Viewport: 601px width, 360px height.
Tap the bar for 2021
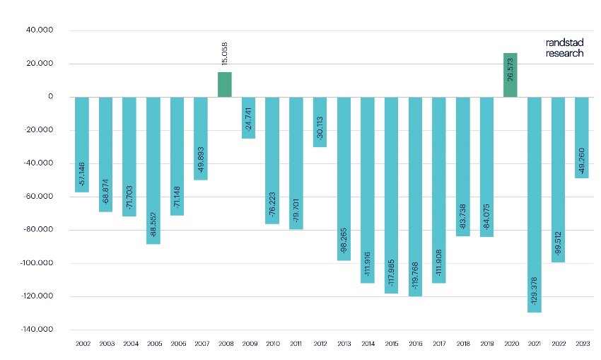(x=534, y=204)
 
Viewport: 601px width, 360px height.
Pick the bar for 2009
(x=248, y=117)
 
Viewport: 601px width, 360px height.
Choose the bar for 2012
(x=320, y=122)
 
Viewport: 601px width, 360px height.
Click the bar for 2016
(x=415, y=197)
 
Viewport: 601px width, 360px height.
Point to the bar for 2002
(x=81, y=144)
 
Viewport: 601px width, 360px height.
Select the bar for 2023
(x=581, y=137)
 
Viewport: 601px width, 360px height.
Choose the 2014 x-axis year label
(x=368, y=344)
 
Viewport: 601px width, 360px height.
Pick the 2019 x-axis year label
(x=486, y=344)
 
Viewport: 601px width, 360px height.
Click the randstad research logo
(x=564, y=47)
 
